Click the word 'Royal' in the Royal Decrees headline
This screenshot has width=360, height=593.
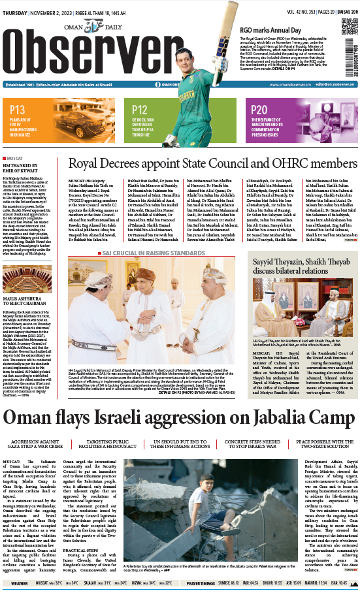(88, 164)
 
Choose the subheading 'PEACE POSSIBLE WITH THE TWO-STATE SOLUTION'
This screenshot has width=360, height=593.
(321, 445)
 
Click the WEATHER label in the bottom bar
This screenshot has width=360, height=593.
(19, 583)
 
